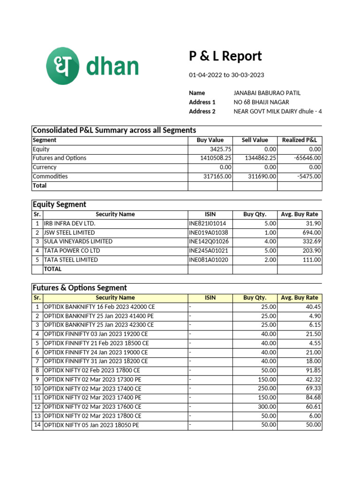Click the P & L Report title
(225, 56)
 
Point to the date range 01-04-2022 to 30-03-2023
(226, 75)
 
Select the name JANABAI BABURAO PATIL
(267, 93)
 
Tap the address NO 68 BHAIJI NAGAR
(261, 102)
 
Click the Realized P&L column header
(300, 140)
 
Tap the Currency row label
(45, 167)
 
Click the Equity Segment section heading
(59, 204)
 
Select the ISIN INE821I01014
(207, 224)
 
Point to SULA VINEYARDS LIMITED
(78, 241)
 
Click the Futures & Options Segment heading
(79, 288)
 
